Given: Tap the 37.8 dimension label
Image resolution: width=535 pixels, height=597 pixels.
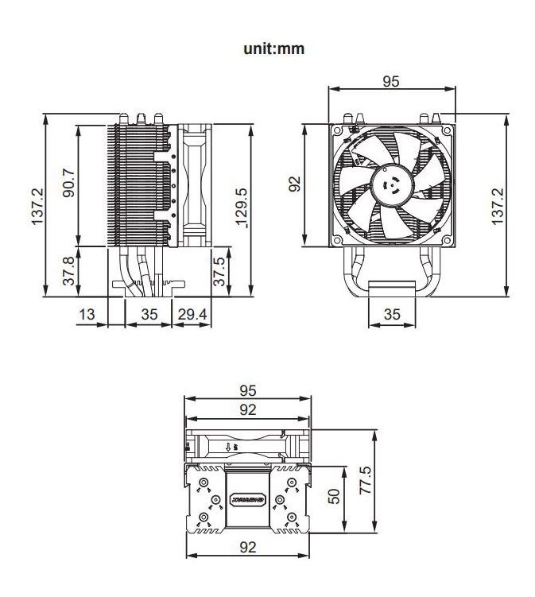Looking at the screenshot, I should [68, 272].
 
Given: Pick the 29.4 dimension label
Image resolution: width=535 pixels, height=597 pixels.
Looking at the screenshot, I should [192, 315].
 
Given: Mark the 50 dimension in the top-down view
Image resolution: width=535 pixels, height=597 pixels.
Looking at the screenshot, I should [334, 498].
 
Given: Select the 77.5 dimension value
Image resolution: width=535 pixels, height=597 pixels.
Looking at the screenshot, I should [365, 481].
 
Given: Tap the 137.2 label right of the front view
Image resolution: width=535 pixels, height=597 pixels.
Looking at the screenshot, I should [498, 207].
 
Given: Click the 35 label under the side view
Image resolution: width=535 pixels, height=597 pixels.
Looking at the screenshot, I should [149, 315].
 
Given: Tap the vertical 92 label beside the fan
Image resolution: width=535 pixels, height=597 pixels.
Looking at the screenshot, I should [295, 184].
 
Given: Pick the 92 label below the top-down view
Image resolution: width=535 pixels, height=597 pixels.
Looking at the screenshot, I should [248, 546].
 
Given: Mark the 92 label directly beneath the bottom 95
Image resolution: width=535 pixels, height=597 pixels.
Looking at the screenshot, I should [248, 409].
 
